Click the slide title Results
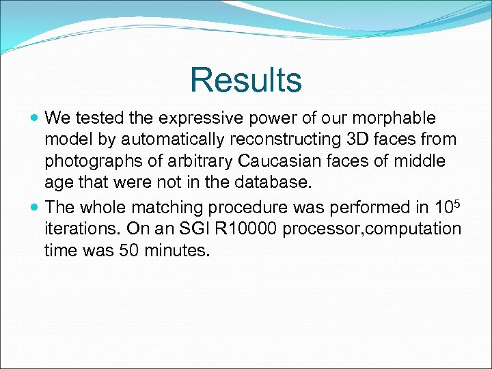coord(245,80)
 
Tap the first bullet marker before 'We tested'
coord(35,118)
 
